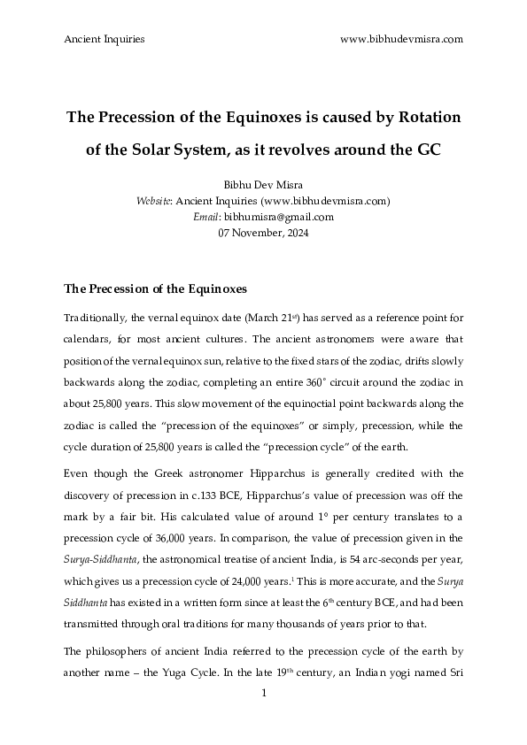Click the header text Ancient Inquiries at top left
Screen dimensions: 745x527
click(105, 39)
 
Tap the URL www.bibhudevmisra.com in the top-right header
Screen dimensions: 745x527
click(401, 39)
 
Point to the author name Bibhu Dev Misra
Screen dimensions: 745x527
click(263, 186)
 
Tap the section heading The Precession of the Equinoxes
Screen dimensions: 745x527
click(156, 288)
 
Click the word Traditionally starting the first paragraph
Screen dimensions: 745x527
click(96, 317)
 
